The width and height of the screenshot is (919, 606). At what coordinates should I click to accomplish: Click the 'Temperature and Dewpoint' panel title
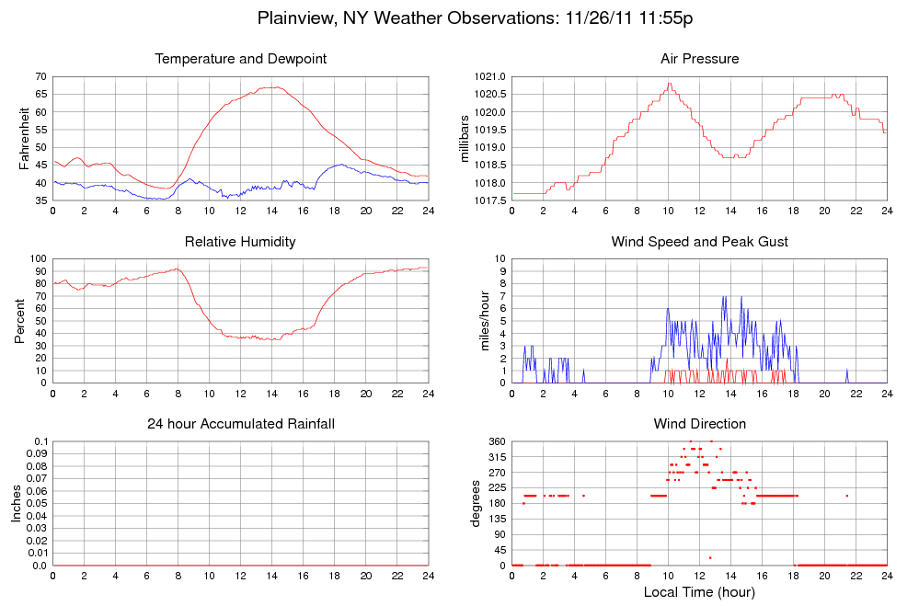(241, 59)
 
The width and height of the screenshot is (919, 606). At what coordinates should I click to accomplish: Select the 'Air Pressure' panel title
(699, 59)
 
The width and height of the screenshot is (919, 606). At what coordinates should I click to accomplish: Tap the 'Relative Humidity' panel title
(241, 242)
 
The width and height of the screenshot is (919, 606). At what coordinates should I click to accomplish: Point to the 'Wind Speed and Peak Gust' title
(699, 242)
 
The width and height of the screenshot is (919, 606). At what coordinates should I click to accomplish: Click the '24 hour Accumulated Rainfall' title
(241, 424)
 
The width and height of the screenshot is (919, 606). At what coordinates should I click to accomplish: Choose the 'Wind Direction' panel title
(699, 424)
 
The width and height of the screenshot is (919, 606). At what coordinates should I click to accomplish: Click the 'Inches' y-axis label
(16, 504)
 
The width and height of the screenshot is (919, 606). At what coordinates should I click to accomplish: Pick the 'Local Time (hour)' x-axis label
(699, 592)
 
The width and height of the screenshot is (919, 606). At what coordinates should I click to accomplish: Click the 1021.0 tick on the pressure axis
(488, 76)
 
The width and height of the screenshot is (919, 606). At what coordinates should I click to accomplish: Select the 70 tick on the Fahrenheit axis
(40, 76)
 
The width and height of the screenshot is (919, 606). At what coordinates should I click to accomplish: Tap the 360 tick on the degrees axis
(496, 442)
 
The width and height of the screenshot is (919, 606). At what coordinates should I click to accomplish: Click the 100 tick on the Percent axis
(38, 259)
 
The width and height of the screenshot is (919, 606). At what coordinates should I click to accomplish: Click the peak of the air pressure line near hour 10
(669, 84)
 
